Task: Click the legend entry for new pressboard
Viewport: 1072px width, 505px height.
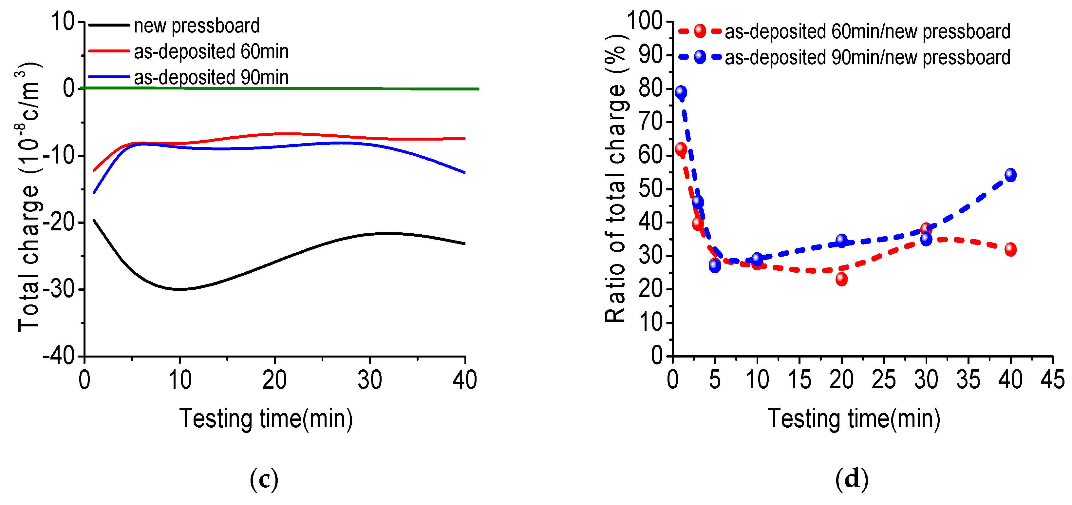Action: click(197, 26)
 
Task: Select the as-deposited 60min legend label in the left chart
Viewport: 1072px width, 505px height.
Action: click(211, 52)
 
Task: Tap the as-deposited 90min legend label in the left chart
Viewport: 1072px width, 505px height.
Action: click(211, 77)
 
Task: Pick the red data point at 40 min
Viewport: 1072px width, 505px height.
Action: click(1010, 249)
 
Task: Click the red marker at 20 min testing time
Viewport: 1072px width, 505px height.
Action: click(841, 279)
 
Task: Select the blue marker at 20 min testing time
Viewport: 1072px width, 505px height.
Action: click(841, 241)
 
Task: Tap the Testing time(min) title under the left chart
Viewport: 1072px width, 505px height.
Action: click(266, 418)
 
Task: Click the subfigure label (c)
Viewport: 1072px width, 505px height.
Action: click(264, 480)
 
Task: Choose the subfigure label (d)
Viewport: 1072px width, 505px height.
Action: click(852, 480)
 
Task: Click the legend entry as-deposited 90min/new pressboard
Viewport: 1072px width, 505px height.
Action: click(867, 57)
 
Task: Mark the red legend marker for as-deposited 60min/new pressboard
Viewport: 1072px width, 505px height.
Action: click(700, 31)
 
